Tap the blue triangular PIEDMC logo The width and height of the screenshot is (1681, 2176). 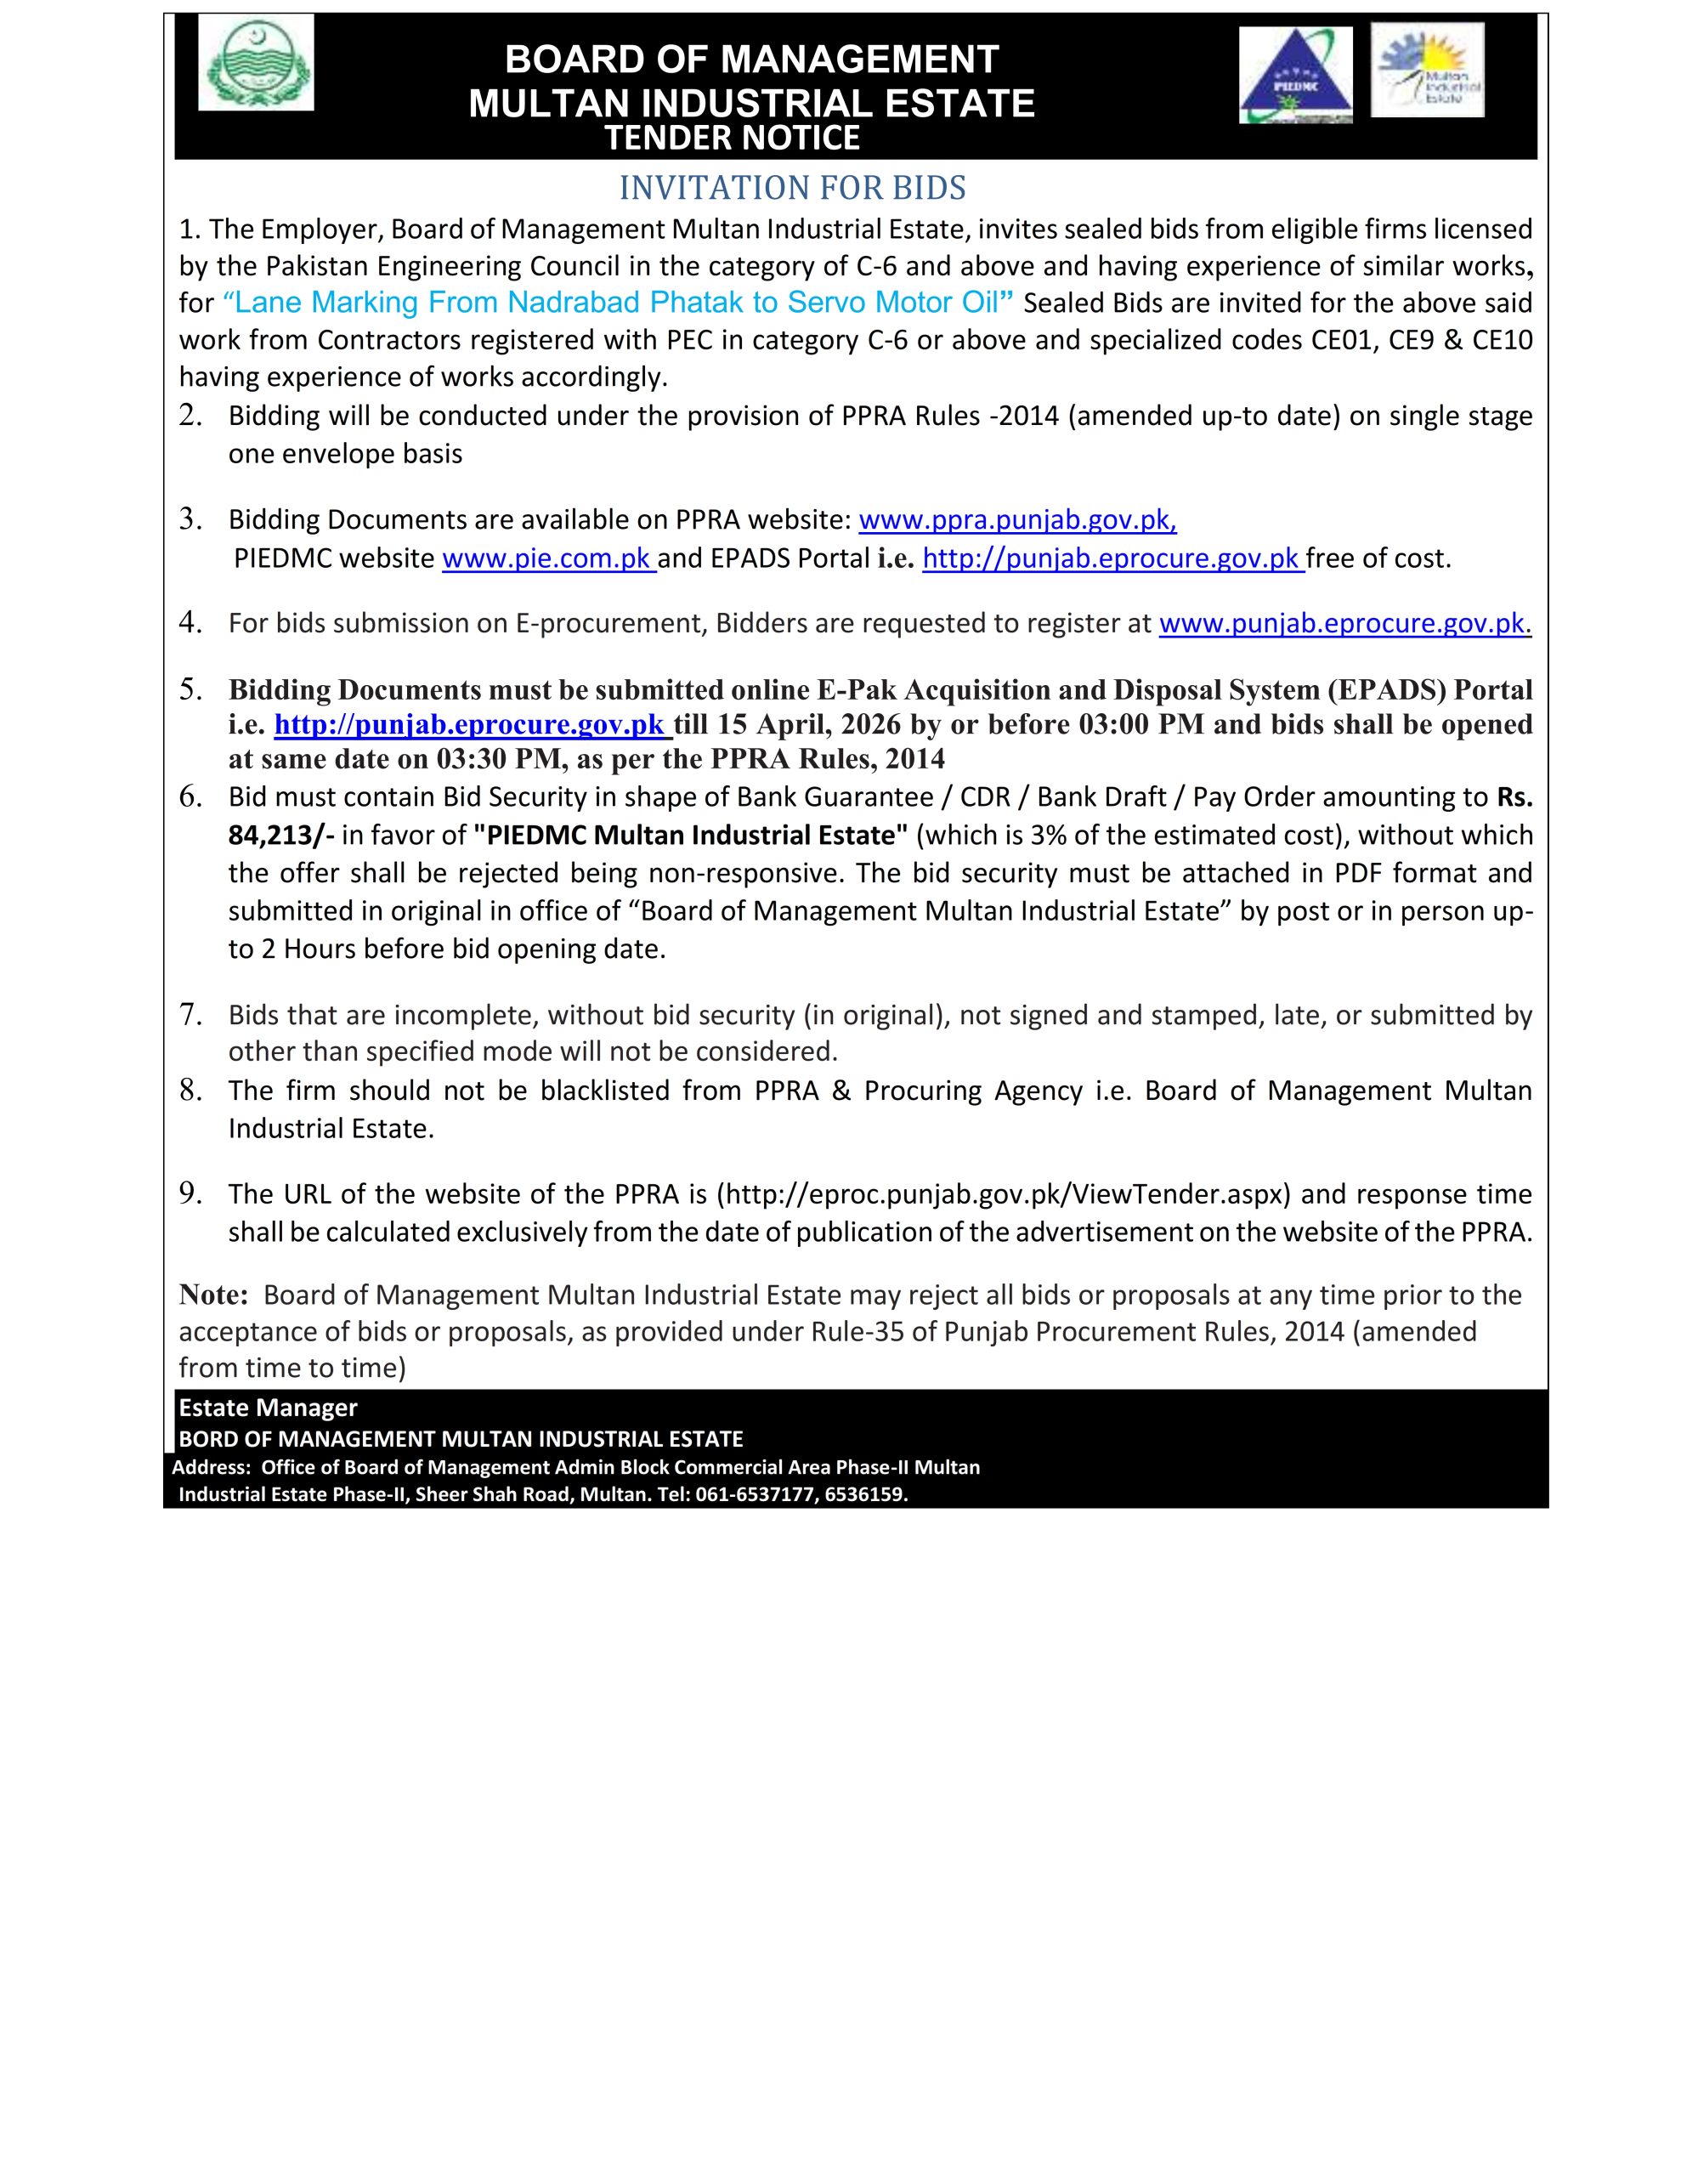click(x=1294, y=76)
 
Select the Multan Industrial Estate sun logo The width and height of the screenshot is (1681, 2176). click(x=1426, y=70)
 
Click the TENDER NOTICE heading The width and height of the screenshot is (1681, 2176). click(x=733, y=139)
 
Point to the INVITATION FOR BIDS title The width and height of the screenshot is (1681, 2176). click(x=792, y=187)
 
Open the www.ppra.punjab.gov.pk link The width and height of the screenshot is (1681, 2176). click(x=1017, y=520)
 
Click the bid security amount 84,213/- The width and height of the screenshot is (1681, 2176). click(x=281, y=835)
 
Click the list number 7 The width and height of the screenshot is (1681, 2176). click(x=191, y=1014)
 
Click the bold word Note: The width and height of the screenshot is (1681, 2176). click(x=213, y=1295)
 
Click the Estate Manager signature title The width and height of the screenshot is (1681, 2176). click(x=267, y=1408)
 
